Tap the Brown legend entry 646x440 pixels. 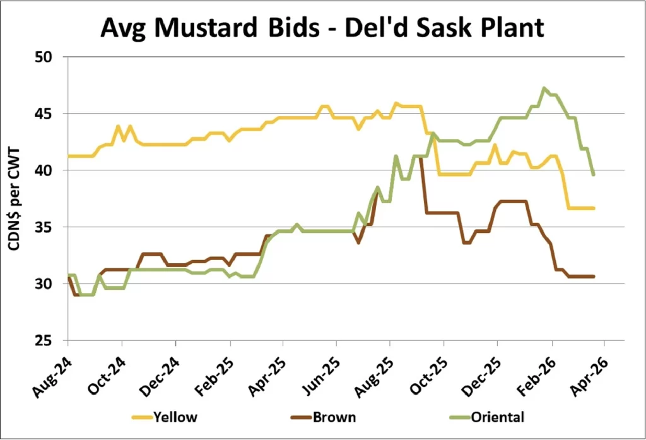point(333,417)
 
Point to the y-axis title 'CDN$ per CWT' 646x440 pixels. point(14,198)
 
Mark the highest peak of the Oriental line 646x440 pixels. point(544,88)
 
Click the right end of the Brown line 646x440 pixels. point(594,276)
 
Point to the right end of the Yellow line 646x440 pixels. point(594,208)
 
